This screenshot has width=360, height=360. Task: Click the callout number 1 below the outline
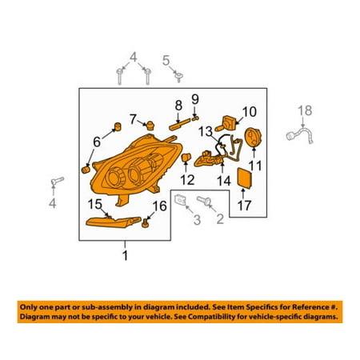[125, 255]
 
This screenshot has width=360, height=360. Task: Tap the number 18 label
[305, 110]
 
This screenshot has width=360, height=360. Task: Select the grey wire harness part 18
[300, 136]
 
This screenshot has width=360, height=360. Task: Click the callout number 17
[244, 206]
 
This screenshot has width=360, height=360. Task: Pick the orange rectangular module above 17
[245, 178]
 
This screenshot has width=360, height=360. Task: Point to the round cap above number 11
[253, 137]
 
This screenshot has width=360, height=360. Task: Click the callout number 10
[250, 112]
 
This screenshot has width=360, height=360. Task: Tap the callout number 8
[178, 106]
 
